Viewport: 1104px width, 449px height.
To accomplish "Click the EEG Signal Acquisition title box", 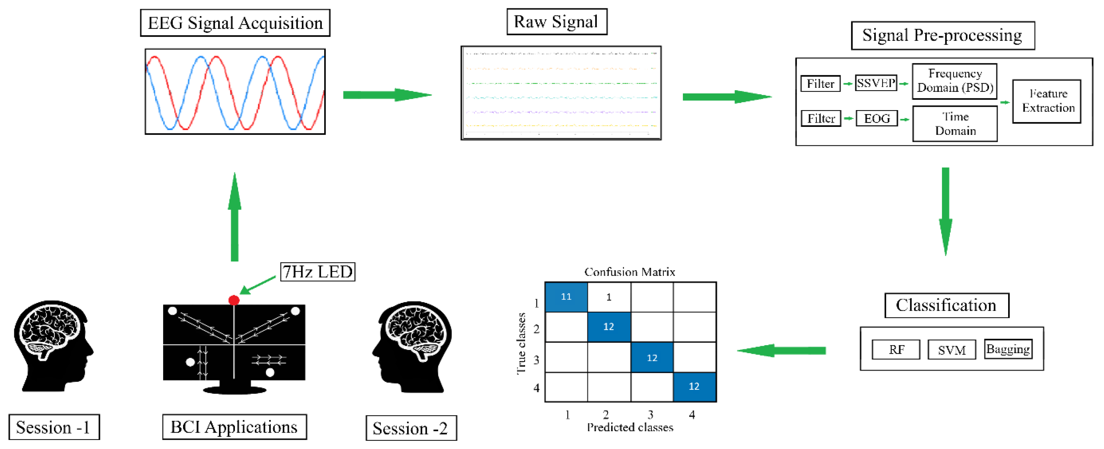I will [x=235, y=23].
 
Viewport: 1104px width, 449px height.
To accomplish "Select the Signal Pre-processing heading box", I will [x=943, y=36].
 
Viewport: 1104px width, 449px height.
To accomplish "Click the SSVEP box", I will [x=876, y=83].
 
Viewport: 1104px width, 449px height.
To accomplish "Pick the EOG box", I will [x=876, y=118].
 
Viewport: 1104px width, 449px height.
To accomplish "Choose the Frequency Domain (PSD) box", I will [x=954, y=81].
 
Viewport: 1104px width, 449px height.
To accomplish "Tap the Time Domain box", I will [x=955, y=124].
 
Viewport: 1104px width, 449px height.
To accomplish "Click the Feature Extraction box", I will [x=1046, y=101].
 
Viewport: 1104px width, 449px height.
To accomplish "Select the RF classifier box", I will [x=896, y=350].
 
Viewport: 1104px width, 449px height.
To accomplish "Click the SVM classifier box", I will [x=951, y=350].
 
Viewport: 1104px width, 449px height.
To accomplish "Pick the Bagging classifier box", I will [x=1007, y=349].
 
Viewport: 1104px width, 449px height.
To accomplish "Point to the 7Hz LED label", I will [x=318, y=272].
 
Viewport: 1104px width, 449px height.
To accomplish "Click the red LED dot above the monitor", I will [x=234, y=300].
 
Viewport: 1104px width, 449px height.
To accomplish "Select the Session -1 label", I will [x=54, y=427].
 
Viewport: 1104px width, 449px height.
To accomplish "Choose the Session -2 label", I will [x=411, y=428].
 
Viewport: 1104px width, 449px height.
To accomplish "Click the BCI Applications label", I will [x=234, y=427].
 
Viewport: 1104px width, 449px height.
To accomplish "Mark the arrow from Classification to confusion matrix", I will [x=781, y=350].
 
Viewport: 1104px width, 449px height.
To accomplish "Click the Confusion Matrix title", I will [x=630, y=272].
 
